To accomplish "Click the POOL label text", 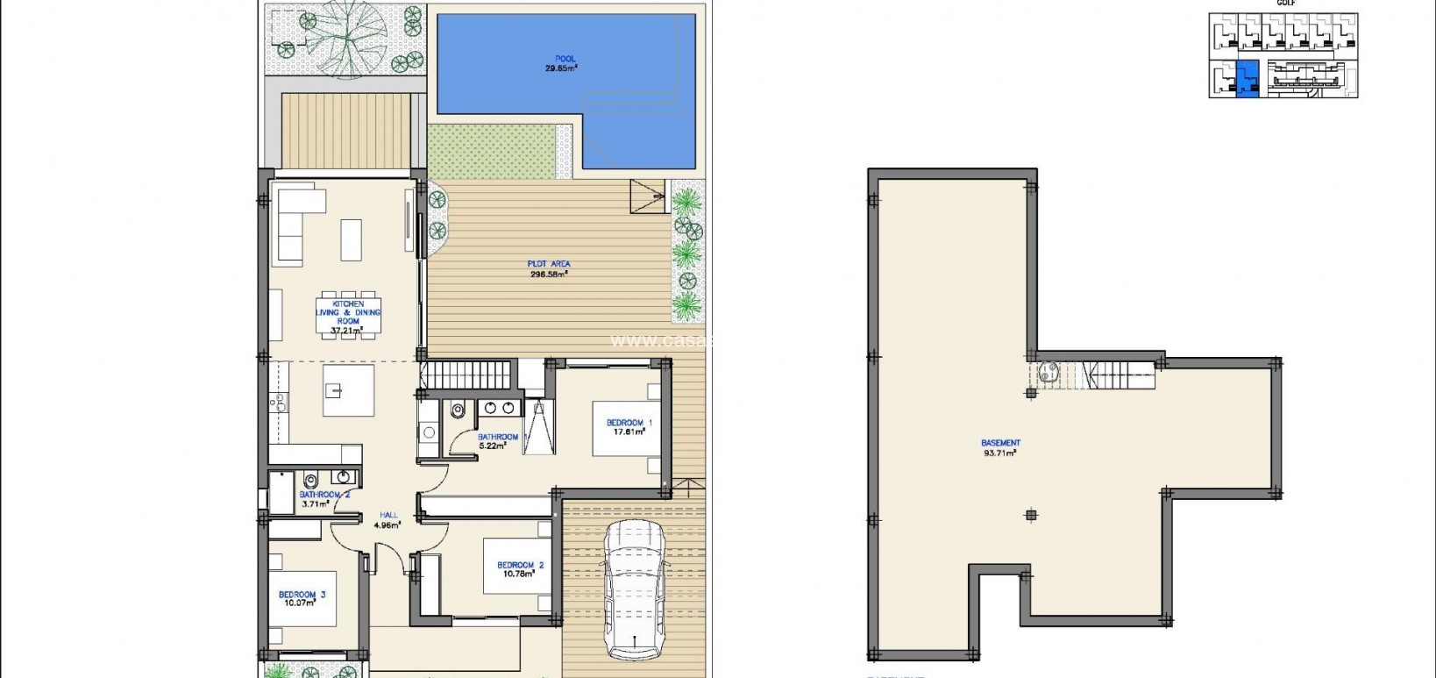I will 565,60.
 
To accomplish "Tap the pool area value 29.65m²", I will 561,68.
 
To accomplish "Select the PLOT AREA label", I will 550,264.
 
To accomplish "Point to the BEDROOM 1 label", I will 626,423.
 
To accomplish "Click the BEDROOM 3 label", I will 302,595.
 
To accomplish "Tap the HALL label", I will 387,516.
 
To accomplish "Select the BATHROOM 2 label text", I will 324,495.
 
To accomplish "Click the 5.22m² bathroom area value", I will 493,446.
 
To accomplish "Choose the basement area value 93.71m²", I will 1000,453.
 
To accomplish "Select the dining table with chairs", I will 348,314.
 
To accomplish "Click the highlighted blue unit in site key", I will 1247,79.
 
